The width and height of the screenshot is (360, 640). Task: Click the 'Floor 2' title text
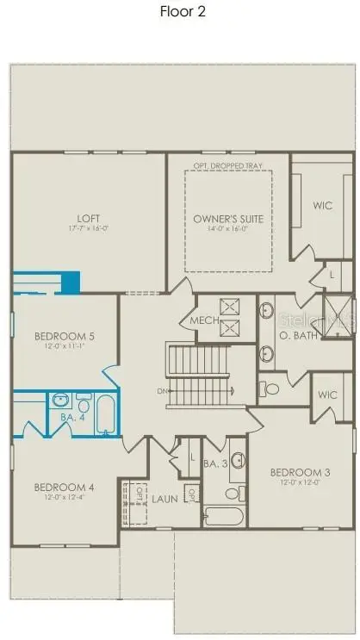(183, 12)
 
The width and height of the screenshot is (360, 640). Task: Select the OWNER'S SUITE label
(228, 219)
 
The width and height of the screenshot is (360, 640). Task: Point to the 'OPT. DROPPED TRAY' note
(229, 165)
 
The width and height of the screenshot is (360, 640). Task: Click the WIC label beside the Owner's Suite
(322, 205)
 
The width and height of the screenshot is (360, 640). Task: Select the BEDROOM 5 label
(64, 336)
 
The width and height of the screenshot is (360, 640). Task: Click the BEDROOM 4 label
(64, 487)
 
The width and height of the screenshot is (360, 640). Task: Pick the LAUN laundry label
(164, 497)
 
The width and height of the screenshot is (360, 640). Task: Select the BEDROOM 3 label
(299, 472)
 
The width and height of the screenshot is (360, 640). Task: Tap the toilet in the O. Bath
(272, 388)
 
